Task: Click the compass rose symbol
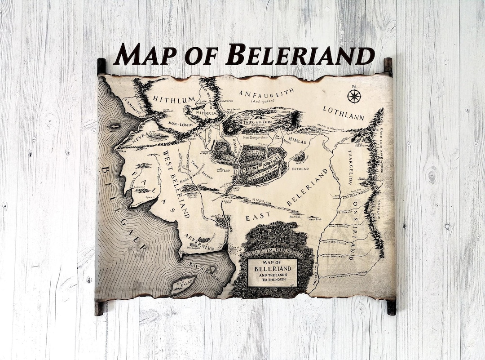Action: coord(354,96)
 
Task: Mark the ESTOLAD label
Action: coord(300,169)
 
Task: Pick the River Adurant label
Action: coord(339,277)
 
